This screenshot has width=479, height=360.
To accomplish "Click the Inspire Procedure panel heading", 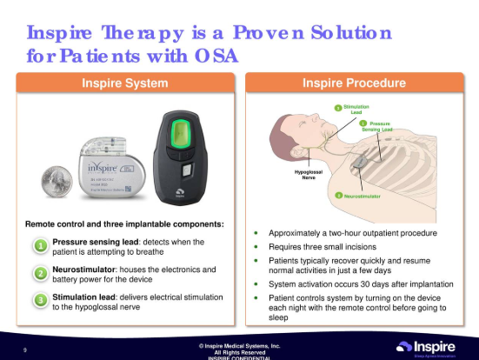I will [354, 83].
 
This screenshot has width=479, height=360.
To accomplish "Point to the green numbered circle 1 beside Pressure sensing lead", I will [40, 246].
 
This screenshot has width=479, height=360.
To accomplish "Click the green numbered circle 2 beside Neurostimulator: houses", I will [40, 274].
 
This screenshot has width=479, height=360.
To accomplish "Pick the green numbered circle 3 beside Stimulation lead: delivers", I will [40, 301].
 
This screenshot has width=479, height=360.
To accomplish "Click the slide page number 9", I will [25, 350].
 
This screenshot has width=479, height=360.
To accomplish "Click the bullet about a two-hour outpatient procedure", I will [352, 233].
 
